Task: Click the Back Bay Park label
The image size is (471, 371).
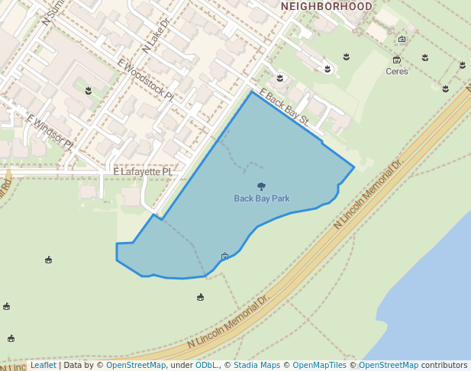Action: tap(262, 198)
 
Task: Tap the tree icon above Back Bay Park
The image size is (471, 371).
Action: tap(262, 186)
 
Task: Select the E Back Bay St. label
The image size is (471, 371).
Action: tap(283, 108)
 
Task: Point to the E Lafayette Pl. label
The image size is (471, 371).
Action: tap(144, 173)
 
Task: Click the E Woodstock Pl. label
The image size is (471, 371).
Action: tap(146, 79)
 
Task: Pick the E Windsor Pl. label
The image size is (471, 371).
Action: tap(50, 131)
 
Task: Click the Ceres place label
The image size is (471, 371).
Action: tap(397, 72)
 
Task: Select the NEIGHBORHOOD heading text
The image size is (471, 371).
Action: tap(327, 6)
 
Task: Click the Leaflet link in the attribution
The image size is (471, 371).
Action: tap(44, 366)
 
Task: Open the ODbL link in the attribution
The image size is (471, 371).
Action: tap(206, 366)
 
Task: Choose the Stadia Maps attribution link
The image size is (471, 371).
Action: tap(256, 366)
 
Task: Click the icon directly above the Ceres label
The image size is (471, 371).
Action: tap(397, 60)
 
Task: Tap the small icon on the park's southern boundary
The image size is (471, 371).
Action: tap(224, 256)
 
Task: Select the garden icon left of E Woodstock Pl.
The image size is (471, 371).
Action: tap(89, 91)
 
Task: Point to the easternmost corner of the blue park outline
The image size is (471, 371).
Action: tap(354, 166)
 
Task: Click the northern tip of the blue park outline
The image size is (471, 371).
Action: tap(251, 92)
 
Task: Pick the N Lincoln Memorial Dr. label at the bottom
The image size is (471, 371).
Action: tap(228, 323)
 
